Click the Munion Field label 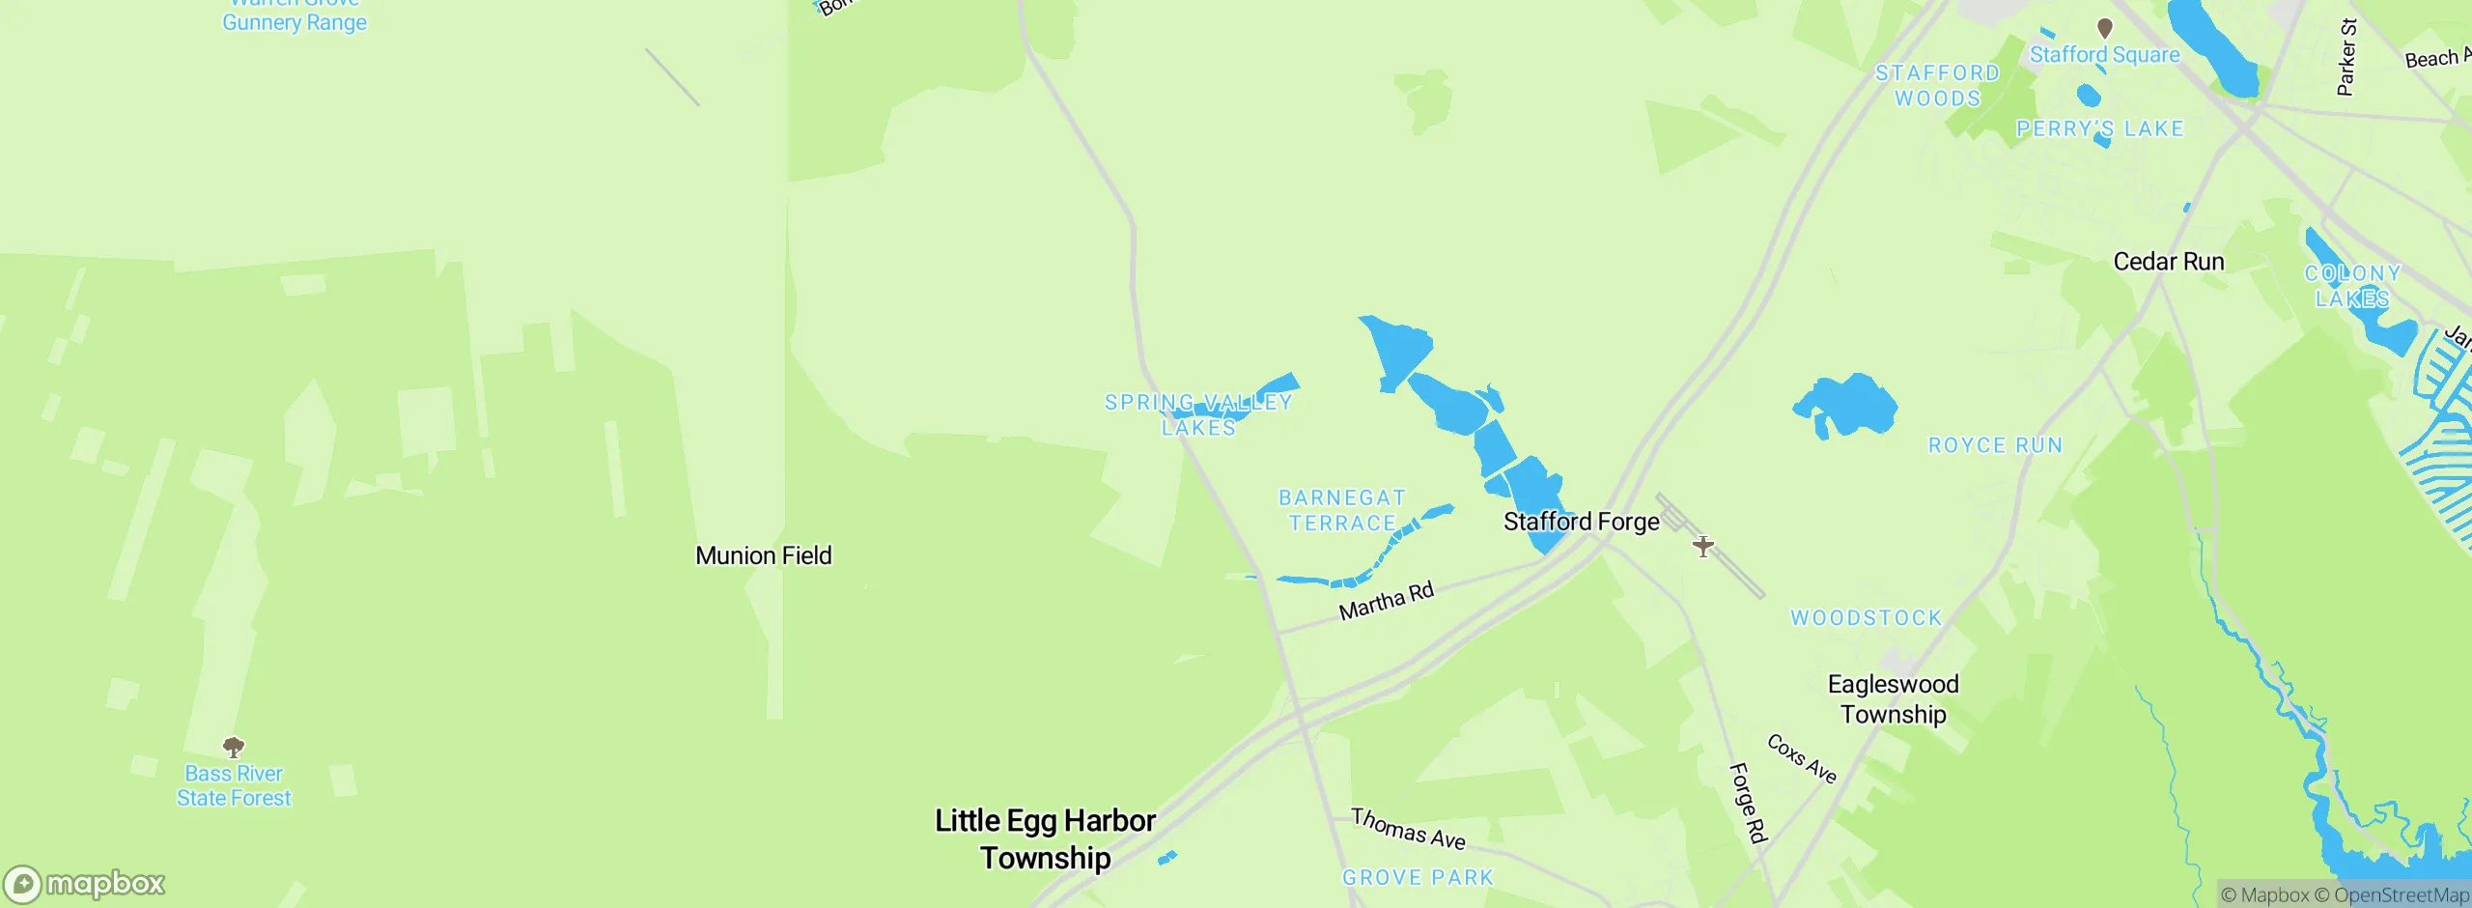point(763,555)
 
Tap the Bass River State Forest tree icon point(234,747)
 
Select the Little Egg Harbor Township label point(1045,838)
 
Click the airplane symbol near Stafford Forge point(1703,547)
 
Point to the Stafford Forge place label point(1581,522)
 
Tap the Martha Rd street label point(1386,601)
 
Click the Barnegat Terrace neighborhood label point(1342,510)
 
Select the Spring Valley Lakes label point(1198,414)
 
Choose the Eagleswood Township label point(1893,698)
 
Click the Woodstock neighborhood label point(1866,618)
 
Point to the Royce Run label point(1995,445)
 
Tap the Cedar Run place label point(2168,262)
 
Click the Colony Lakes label point(2352,286)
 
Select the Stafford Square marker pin point(2105,27)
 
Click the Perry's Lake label point(2099,128)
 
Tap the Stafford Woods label point(1937,86)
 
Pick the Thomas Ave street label point(1408,829)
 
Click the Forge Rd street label point(1747,802)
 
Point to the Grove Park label point(1418,877)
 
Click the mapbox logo point(85,884)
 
